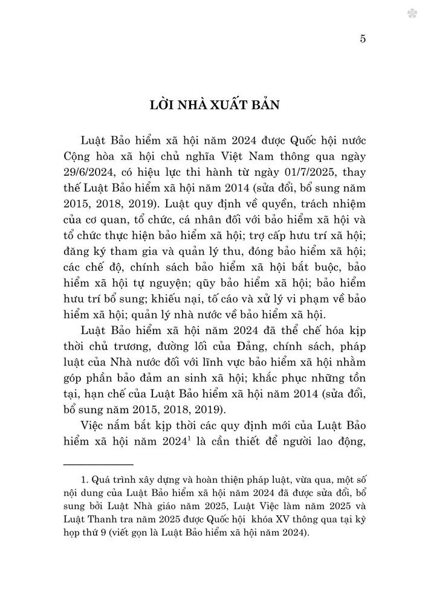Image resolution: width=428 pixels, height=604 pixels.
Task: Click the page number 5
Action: tap(363, 39)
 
